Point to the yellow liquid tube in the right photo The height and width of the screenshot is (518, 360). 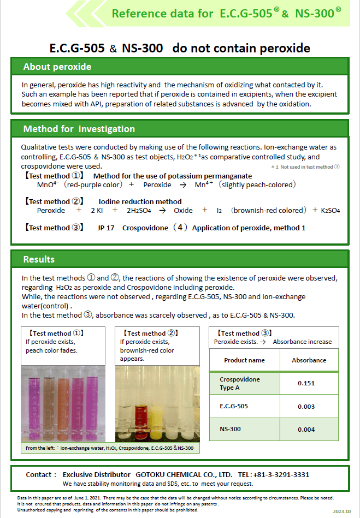click(159, 415)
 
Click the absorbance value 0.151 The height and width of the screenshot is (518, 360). click(306, 383)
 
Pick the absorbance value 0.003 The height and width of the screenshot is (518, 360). click(306, 406)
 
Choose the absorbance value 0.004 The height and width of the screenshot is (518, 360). click(306, 430)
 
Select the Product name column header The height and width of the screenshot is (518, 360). click(244, 360)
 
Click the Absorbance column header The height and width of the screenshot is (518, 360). click(309, 360)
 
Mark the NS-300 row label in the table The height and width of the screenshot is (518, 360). click(230, 430)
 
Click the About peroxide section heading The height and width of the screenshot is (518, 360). click(57, 67)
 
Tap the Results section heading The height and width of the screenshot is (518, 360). click(39, 259)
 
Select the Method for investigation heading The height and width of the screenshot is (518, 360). click(79, 129)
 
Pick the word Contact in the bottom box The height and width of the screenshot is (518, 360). click(40, 475)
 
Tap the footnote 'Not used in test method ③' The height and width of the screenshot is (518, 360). click(306, 167)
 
